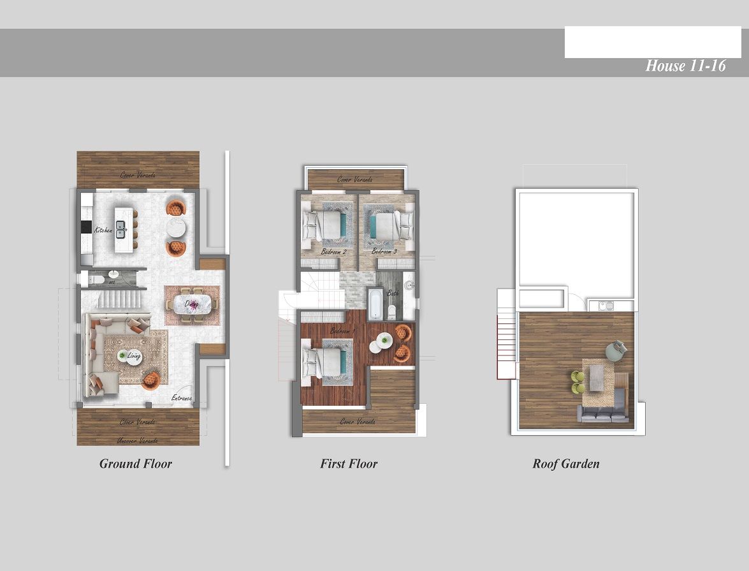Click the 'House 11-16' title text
685,66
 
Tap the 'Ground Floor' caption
135,464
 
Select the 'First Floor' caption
349,464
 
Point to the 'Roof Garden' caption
566,464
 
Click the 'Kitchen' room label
103,230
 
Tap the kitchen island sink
120,229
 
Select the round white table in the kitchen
176,228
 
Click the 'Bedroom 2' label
333,252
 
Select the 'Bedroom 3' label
384,252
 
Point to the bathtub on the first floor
375,304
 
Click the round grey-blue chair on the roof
616,349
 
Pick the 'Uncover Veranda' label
138,440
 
